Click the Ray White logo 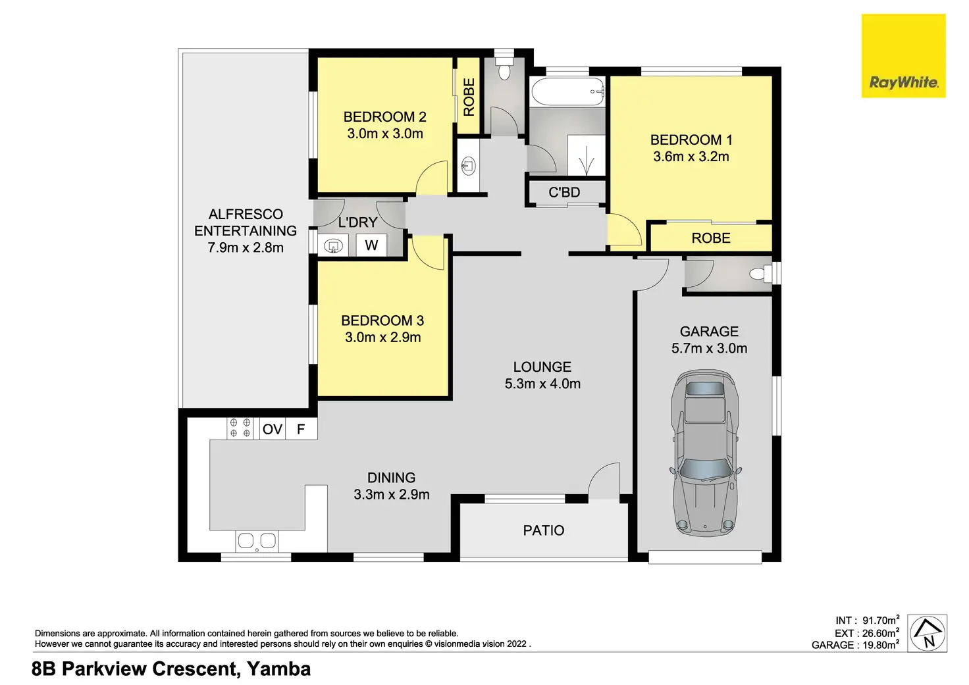pos(903,56)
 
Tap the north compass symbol pos(927,633)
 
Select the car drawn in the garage pos(706,453)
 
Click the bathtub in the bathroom pos(567,91)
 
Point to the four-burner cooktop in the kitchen pos(240,428)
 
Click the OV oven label pos(273,429)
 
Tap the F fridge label pos(301,429)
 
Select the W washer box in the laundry pos(371,245)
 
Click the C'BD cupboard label pos(564,192)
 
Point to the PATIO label pos(544,530)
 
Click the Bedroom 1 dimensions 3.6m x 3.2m pos(691,157)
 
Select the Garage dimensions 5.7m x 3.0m pos(709,348)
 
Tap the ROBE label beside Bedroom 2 pos(469,97)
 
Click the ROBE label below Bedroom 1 pos(711,238)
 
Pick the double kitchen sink pos(257,541)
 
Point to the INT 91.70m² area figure pos(868,620)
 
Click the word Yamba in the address pos(278,669)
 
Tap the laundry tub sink pos(333,246)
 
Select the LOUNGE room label pos(542,367)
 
